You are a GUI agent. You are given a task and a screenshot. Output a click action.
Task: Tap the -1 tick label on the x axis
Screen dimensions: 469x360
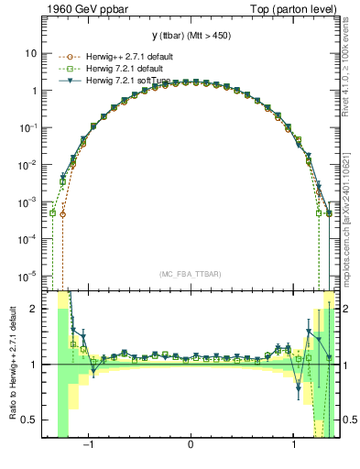pos(89,446)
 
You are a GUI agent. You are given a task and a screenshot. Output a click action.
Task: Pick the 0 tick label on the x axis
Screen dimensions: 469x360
pos(191,446)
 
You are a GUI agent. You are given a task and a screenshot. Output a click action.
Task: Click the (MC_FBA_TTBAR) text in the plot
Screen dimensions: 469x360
pos(191,274)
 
